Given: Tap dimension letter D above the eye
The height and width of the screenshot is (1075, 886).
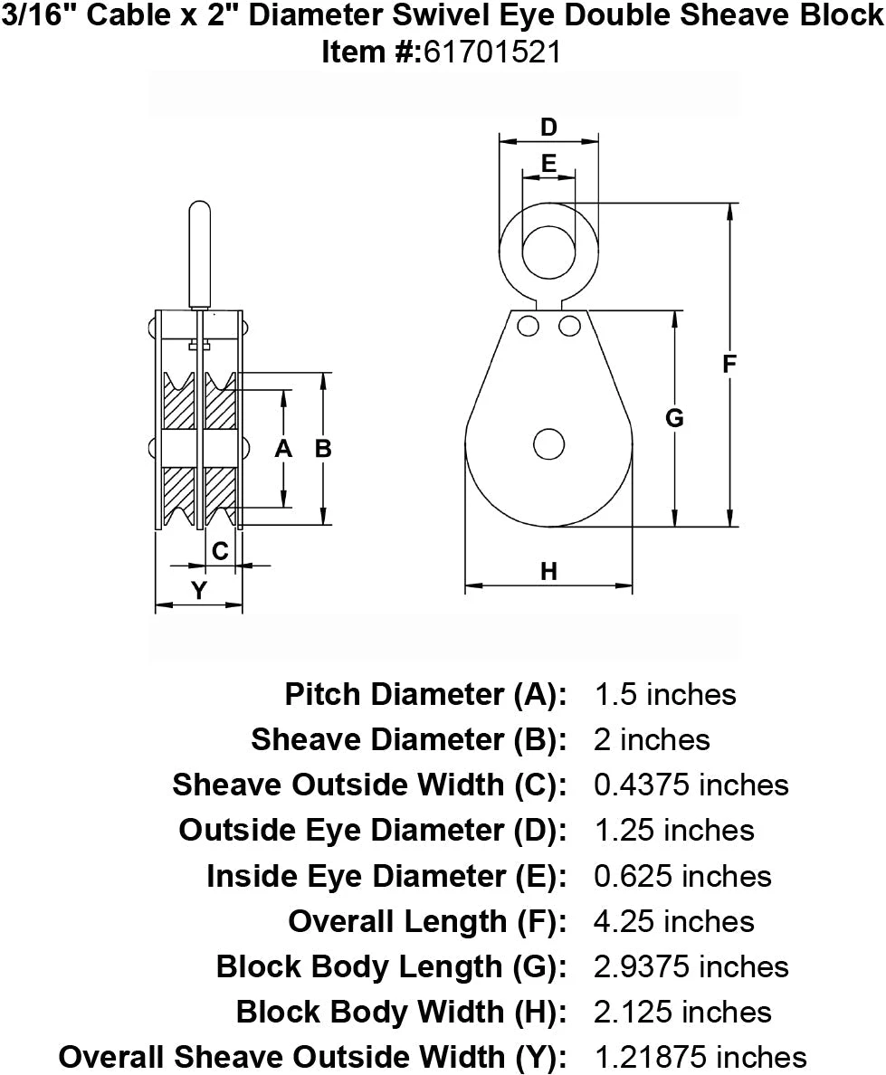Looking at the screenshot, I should [548, 128].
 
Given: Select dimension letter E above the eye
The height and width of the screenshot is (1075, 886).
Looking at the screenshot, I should [548, 163].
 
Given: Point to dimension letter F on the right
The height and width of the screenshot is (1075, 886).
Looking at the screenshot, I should [729, 364].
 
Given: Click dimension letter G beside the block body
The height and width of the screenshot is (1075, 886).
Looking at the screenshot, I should [674, 418].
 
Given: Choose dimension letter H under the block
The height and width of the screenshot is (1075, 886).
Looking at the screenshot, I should [548, 571].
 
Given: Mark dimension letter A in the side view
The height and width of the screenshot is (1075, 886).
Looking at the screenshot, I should [283, 448].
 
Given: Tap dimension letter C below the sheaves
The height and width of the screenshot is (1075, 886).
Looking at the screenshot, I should [219, 550].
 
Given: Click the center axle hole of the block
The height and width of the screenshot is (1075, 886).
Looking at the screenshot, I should [548, 444].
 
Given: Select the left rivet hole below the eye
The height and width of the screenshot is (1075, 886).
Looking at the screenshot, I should [529, 325].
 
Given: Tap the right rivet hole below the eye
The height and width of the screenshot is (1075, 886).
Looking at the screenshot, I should [569, 325].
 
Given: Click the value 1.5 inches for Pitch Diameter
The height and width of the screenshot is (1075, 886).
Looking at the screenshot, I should [665, 694].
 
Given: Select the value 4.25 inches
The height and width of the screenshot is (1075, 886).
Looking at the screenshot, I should [674, 921].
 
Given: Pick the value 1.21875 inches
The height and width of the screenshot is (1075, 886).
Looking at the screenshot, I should [700, 1056].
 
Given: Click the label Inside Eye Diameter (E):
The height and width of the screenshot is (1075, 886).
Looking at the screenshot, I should [386, 875].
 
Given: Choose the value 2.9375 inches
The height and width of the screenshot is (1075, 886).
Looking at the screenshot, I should [691, 966].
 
